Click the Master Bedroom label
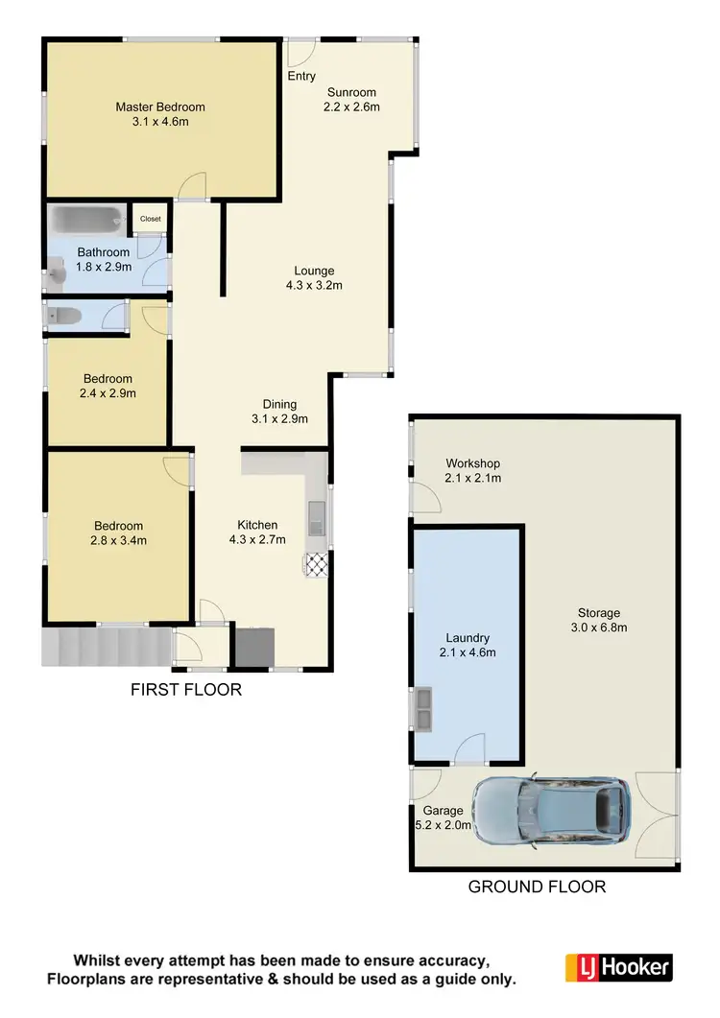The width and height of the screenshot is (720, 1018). click(x=160, y=107)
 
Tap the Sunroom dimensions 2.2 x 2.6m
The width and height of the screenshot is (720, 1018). click(x=353, y=107)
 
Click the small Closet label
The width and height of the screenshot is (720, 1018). click(x=151, y=219)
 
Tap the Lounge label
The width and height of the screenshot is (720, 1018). click(x=314, y=270)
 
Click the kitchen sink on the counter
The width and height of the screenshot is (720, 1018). click(x=316, y=520)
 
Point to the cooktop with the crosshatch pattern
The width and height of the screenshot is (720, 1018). click(x=316, y=564)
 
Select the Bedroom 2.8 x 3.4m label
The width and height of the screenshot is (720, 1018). click(x=118, y=540)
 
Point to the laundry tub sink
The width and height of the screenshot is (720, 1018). click(x=421, y=707)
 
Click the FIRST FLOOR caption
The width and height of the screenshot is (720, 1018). click(x=186, y=690)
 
